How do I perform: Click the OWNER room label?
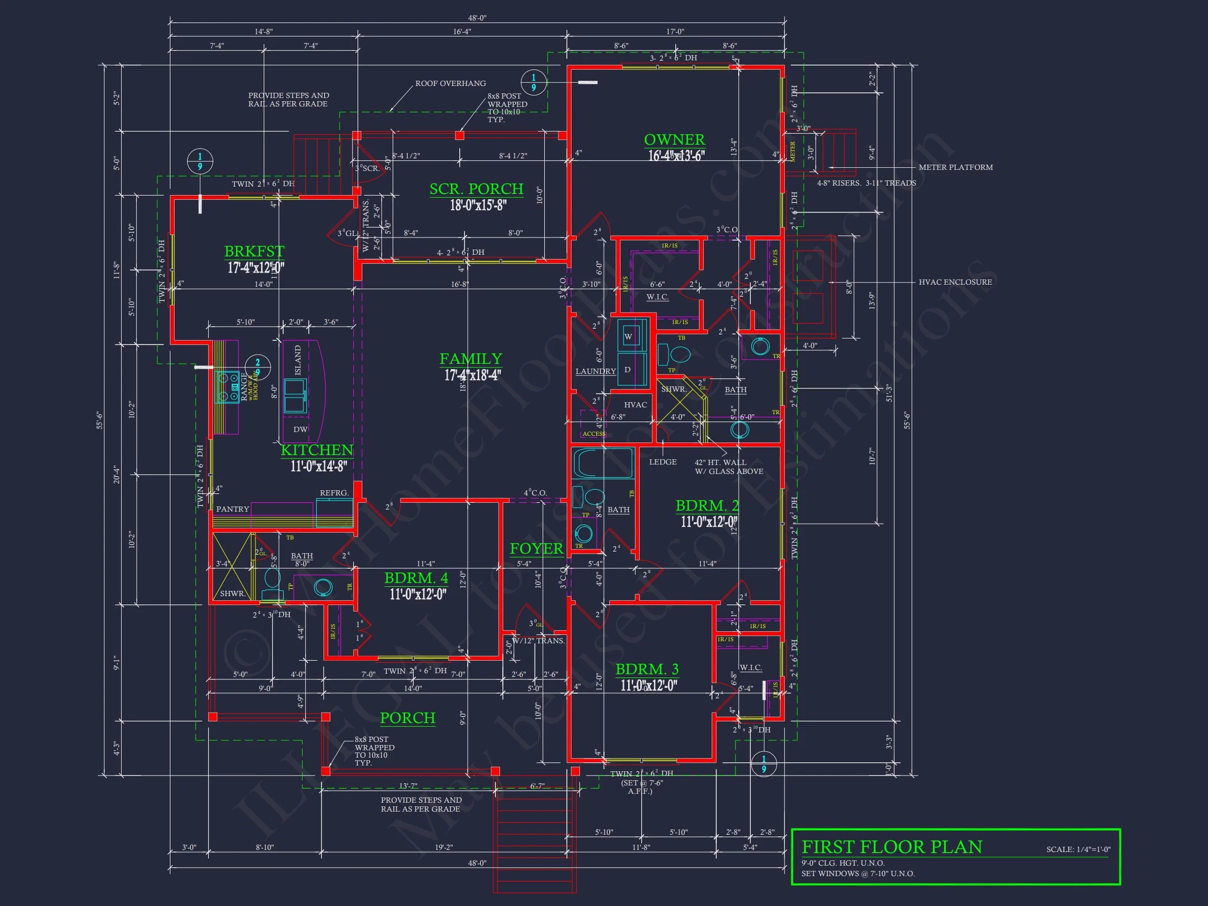(674, 140)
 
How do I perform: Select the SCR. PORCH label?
(476, 189)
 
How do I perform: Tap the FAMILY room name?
(471, 359)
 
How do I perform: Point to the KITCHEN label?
(317, 450)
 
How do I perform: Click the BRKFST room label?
(254, 251)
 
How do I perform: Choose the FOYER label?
(536, 549)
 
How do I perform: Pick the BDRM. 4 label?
(416, 578)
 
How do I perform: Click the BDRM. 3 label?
(647, 669)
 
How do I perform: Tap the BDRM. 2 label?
(707, 506)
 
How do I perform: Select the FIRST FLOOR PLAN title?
(891, 847)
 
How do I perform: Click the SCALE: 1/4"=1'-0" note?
(1078, 849)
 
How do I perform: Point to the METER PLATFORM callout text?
(955, 168)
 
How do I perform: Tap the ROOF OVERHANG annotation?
(450, 83)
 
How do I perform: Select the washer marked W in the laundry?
(628, 337)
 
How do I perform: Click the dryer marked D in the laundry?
(628, 370)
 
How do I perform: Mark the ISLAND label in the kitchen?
(298, 360)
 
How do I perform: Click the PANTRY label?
(233, 509)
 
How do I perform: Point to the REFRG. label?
(334, 493)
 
